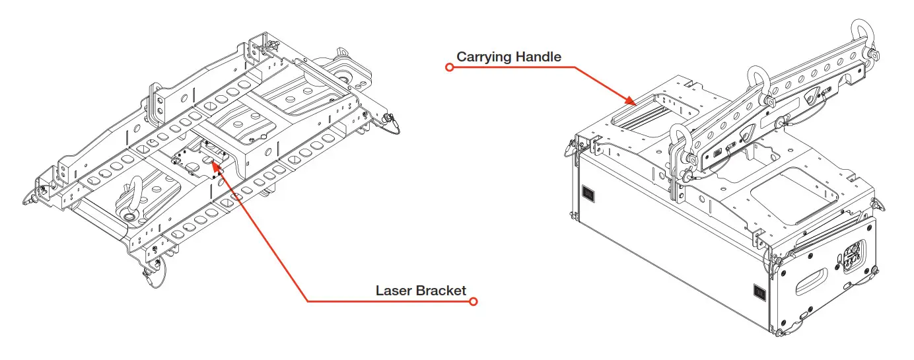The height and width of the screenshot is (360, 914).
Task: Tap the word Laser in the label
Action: [394, 291]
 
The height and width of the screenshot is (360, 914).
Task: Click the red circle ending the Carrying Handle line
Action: [450, 67]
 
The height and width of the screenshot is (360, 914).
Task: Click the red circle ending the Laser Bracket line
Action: [473, 302]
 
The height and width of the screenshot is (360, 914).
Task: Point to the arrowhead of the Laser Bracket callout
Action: [215, 163]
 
